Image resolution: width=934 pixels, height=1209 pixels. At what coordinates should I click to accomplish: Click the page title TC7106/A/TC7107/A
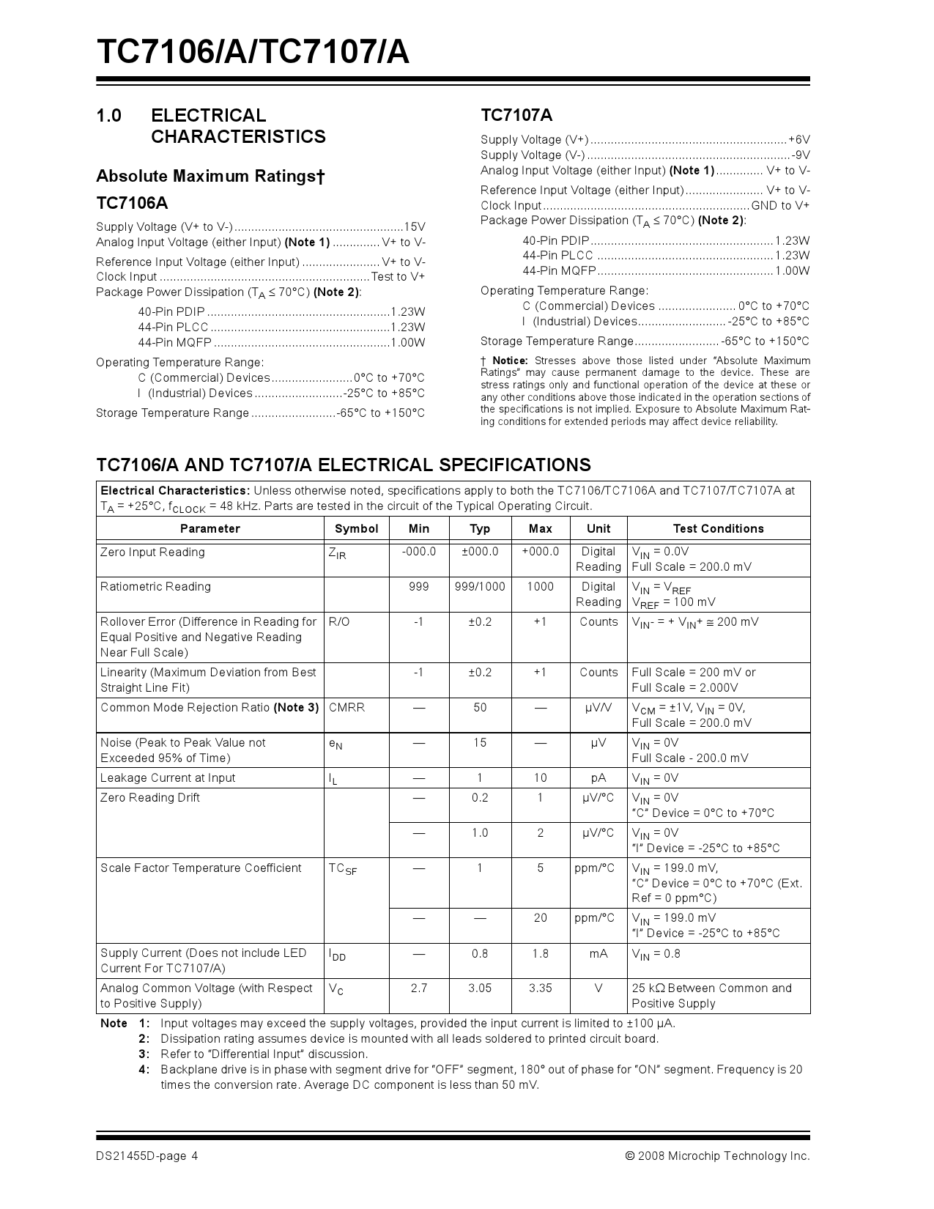[253, 53]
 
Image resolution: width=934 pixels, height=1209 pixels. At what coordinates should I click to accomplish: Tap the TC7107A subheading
[516, 115]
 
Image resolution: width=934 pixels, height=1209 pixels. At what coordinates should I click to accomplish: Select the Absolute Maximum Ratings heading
[210, 176]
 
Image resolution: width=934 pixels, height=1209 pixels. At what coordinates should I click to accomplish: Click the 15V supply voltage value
[415, 226]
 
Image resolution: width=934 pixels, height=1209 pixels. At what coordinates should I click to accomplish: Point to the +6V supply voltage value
[799, 139]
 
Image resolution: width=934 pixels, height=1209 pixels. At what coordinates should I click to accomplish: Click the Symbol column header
[356, 528]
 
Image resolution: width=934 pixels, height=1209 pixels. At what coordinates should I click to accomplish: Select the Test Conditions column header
[718, 528]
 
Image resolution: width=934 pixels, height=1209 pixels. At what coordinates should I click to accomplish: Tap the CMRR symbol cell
[346, 707]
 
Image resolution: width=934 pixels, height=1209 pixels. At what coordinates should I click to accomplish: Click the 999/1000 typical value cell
[480, 586]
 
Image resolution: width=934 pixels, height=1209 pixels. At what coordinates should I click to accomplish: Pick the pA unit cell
[598, 777]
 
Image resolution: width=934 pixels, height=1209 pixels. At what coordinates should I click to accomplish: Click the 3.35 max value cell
[540, 988]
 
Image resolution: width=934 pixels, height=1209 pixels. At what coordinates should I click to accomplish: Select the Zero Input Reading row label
[152, 552]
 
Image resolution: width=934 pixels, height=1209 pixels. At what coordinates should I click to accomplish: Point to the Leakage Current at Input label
[168, 777]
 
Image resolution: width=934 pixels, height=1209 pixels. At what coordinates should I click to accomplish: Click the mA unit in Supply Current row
[598, 953]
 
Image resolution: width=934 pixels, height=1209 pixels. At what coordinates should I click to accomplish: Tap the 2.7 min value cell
[418, 988]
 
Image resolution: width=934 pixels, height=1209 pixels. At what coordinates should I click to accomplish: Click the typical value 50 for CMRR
[480, 707]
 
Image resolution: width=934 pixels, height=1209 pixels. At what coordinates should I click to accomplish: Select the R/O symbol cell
[339, 621]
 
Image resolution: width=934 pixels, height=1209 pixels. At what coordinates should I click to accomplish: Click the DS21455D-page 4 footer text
[147, 1156]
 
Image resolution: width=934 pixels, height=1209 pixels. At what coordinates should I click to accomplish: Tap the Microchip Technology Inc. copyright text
[718, 1156]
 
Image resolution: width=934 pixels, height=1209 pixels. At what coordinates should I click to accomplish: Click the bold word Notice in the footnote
[510, 361]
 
